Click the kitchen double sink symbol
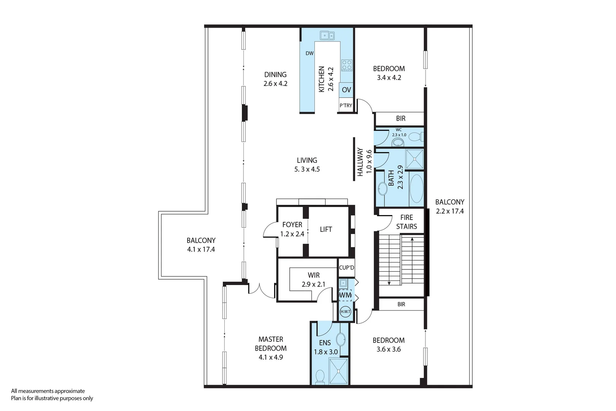[x=327, y=36]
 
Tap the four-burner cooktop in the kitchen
[x=346, y=65]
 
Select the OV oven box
[x=346, y=90]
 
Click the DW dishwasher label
[x=310, y=53]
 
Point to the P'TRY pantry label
[x=346, y=105]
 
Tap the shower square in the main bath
[x=414, y=159]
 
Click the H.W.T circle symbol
[x=345, y=312]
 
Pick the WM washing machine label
[x=345, y=295]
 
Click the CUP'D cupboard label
[x=346, y=268]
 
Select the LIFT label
[x=326, y=229]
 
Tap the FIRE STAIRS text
[x=406, y=222]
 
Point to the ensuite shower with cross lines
[x=338, y=371]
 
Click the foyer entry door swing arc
[x=268, y=230]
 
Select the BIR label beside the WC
[x=401, y=119]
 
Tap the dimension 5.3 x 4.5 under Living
[x=307, y=169]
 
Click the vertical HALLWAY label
[x=360, y=162]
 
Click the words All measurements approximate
[x=48, y=391]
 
